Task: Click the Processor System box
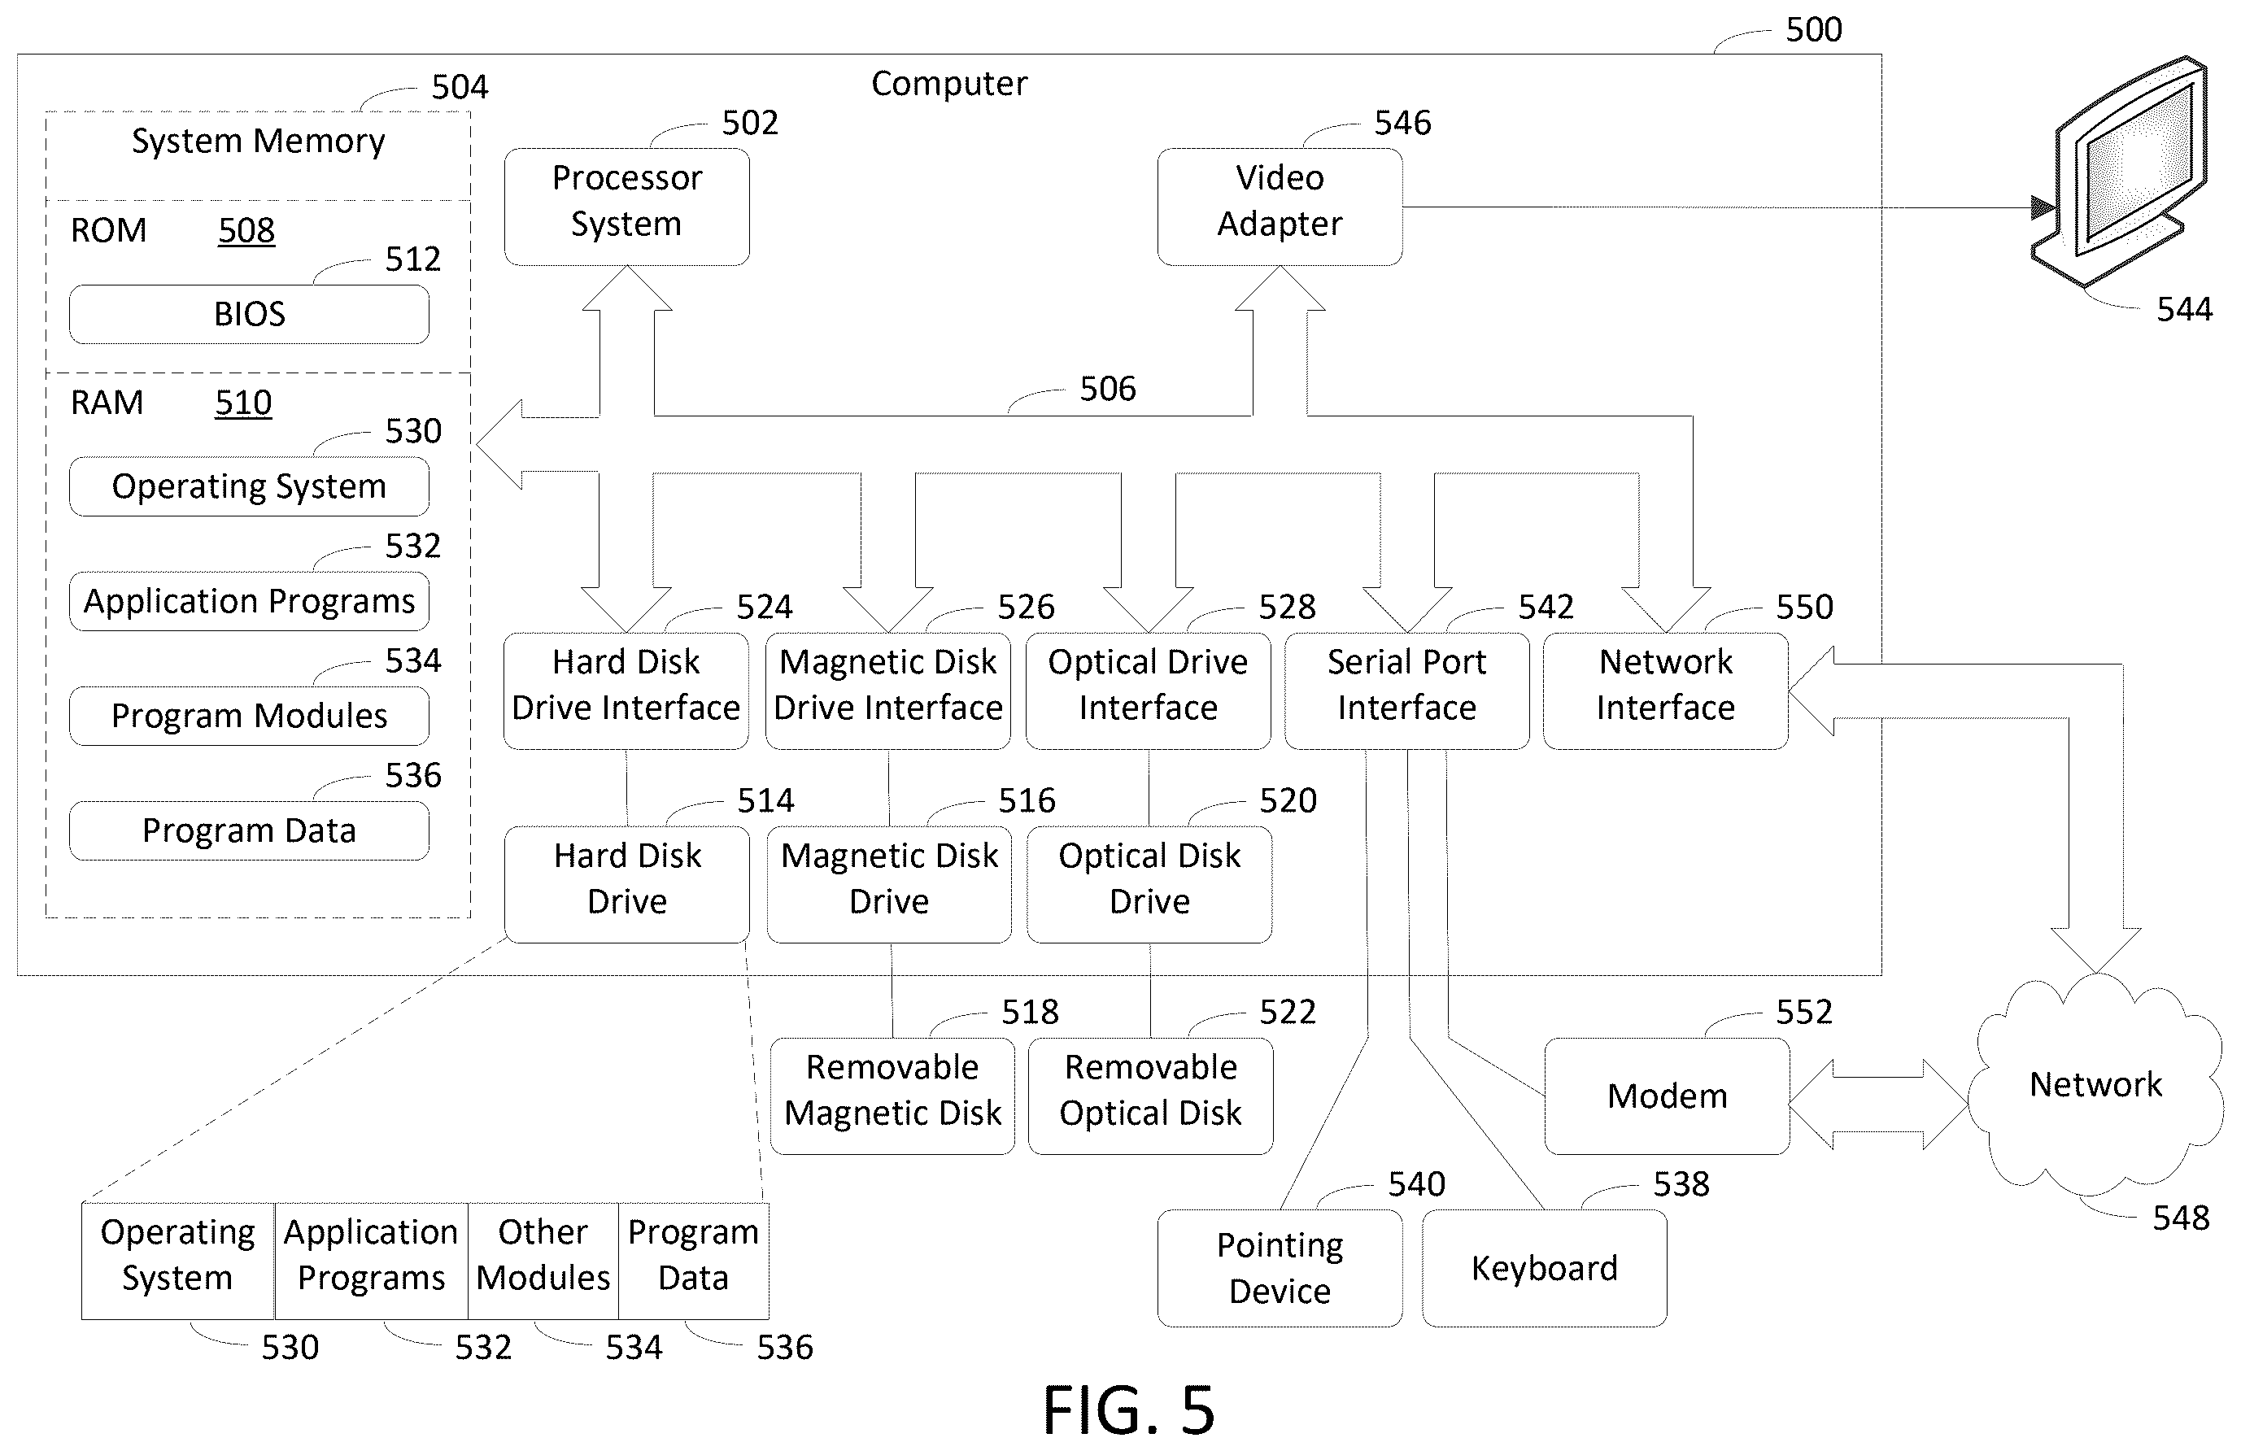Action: tap(627, 207)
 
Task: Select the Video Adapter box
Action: tap(1280, 207)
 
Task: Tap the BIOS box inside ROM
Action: tap(250, 315)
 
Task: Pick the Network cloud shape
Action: tap(2095, 1085)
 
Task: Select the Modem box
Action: tap(1667, 1096)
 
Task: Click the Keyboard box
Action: tap(1544, 1268)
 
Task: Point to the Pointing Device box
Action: tap(1280, 1268)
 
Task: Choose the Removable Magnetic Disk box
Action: tap(892, 1096)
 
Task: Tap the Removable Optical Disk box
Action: tap(1151, 1096)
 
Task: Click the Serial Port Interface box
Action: tap(1406, 691)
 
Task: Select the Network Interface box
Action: tap(1666, 691)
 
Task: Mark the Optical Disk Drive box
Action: tap(1149, 885)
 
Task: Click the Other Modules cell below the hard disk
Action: tap(543, 1261)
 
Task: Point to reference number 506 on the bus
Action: tap(1107, 389)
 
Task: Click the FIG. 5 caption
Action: tap(1129, 1410)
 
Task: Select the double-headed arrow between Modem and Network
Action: tap(1878, 1104)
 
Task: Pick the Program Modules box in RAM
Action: tap(250, 717)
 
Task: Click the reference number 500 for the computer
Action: tap(1813, 30)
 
